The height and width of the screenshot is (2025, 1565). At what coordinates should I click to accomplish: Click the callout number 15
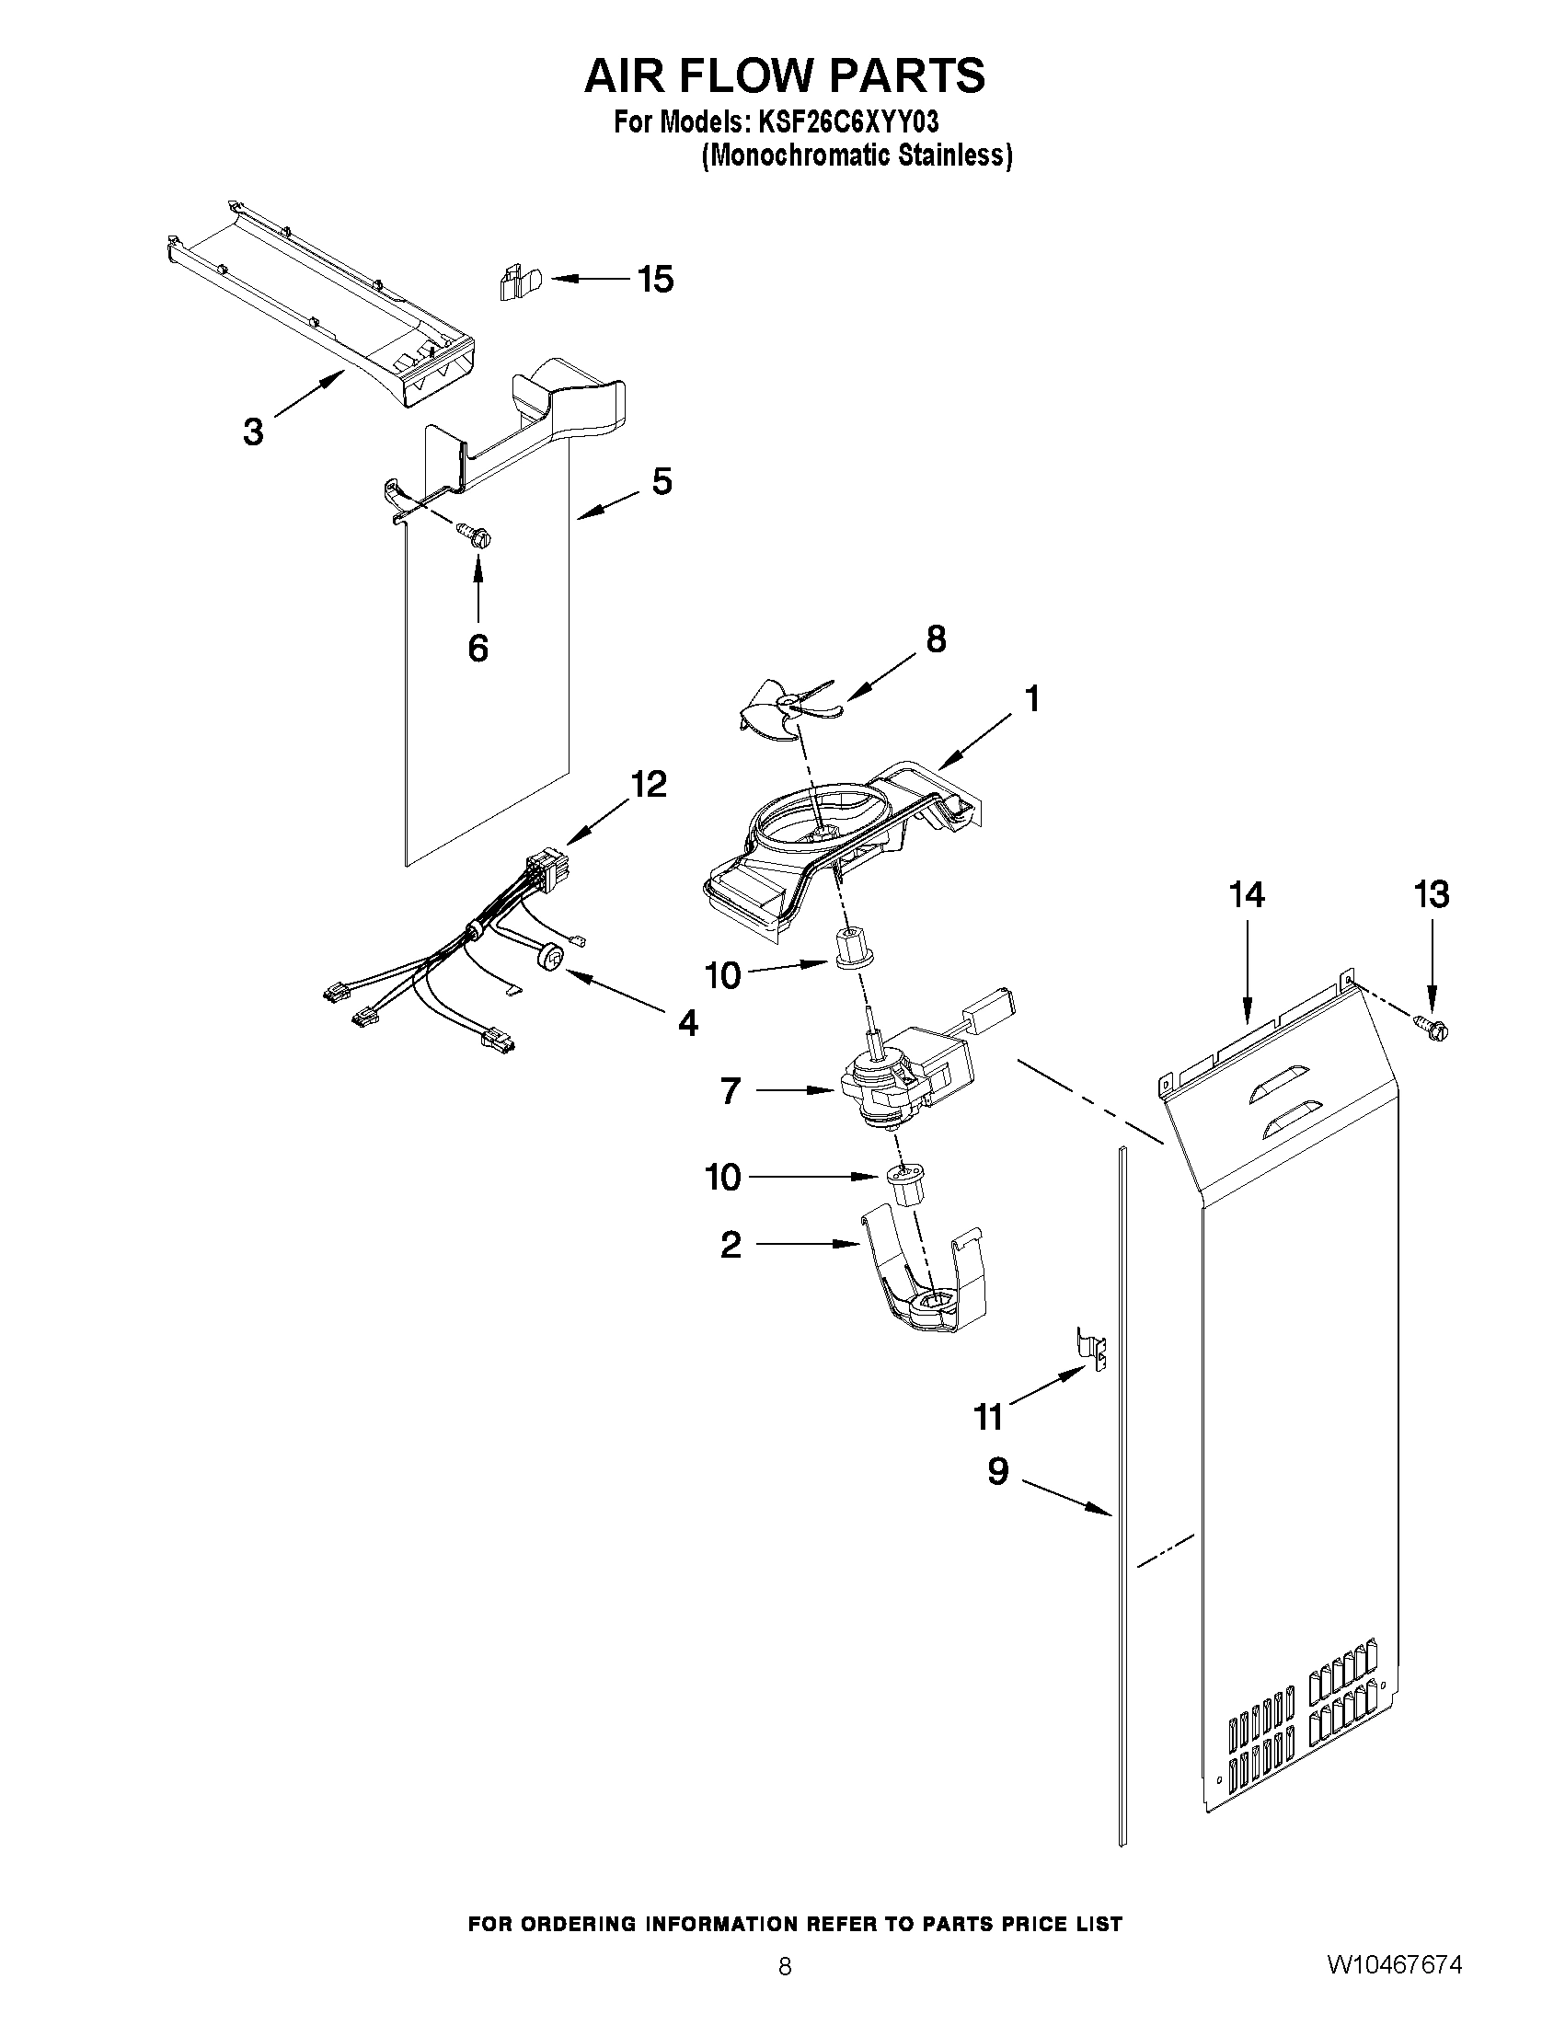click(x=655, y=279)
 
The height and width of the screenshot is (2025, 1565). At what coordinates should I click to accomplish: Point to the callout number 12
click(x=648, y=785)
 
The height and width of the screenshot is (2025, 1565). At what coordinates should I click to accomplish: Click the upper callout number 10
click(x=724, y=975)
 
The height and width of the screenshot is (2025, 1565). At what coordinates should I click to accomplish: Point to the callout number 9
click(x=997, y=1471)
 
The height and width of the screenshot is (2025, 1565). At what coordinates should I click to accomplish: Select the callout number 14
click(x=1246, y=896)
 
